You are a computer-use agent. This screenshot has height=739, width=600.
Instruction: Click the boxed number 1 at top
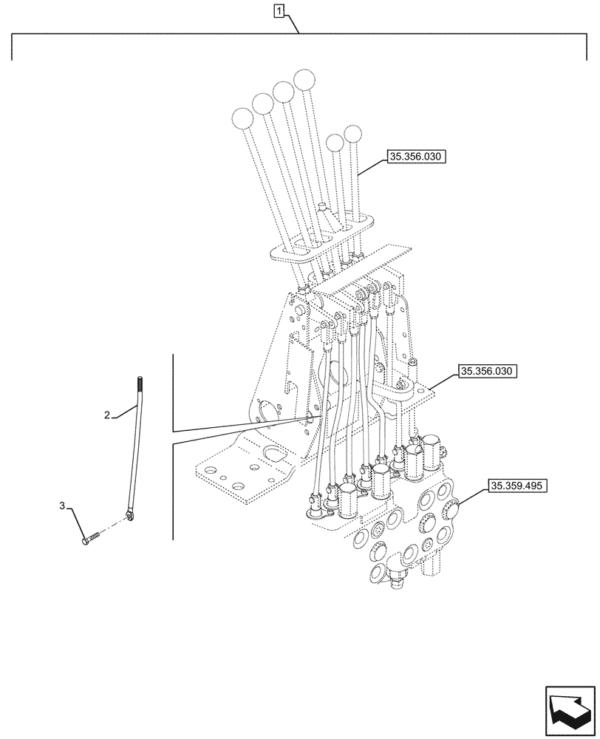[279, 10]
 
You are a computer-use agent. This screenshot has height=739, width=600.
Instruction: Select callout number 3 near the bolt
[64, 506]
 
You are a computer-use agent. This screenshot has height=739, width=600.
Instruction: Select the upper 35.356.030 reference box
[416, 157]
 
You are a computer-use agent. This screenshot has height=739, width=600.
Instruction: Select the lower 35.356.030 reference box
[488, 371]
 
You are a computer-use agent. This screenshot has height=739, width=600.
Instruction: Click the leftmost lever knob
[242, 118]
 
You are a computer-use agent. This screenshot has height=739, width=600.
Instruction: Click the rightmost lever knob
[354, 134]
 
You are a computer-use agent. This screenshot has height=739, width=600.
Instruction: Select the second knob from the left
[262, 103]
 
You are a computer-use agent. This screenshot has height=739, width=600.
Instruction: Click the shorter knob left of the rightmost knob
[335, 142]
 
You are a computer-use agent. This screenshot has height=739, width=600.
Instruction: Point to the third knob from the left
[283, 91]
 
